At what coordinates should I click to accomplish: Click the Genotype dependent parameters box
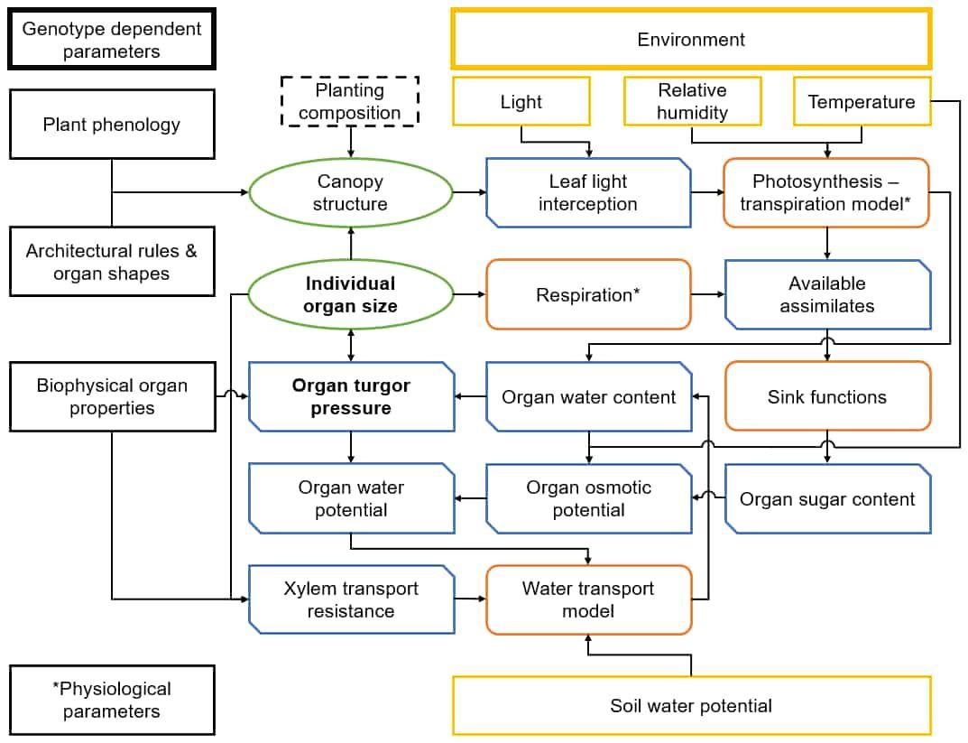coord(112,39)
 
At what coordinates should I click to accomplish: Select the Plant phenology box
coord(112,125)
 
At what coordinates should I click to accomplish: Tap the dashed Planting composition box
coord(350,101)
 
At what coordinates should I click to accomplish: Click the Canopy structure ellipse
coord(350,192)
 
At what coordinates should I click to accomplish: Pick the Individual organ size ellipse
coord(350,294)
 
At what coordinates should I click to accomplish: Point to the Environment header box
coord(691,39)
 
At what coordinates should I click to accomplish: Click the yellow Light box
coord(521,101)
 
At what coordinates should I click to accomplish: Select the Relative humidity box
coord(692,101)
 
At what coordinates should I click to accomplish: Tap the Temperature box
coord(862,101)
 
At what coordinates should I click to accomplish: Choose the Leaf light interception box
coord(587,192)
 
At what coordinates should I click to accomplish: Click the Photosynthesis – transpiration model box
coord(826,192)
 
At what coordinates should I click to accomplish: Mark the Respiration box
coord(587,294)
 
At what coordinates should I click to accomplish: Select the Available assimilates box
coord(827,294)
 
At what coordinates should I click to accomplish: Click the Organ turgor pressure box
coord(351,396)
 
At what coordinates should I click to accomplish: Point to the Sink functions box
coord(827,396)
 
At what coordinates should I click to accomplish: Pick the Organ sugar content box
coord(827,498)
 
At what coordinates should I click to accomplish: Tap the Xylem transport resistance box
coord(351,599)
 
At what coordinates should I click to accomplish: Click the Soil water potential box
coord(691,705)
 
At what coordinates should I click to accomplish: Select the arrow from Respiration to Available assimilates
coord(707,294)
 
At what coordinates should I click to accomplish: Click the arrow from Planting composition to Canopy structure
coord(351,142)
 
